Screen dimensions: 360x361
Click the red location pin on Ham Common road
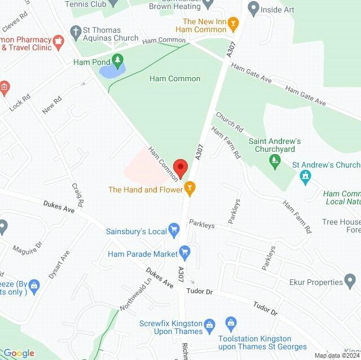click(x=180, y=168)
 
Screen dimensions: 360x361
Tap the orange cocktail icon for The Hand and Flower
click(x=190, y=189)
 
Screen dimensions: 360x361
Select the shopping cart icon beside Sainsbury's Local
click(x=174, y=230)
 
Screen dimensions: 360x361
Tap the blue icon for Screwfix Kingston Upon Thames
click(x=210, y=324)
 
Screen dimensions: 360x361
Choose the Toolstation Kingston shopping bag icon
click(x=230, y=322)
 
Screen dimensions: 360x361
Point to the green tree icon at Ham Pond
click(x=117, y=59)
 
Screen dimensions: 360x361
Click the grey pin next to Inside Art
click(x=253, y=8)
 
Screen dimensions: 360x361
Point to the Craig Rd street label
click(x=78, y=194)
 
